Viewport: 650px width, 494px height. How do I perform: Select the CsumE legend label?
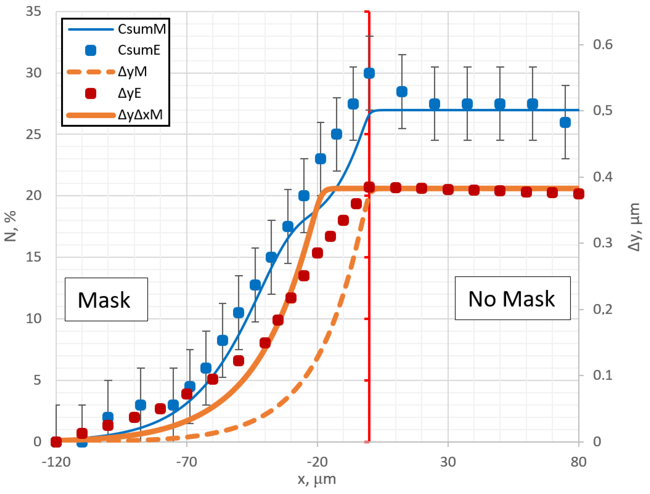tap(139, 50)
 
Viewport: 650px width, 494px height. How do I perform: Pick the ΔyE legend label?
tap(129, 93)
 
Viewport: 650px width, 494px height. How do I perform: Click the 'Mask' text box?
tap(106, 299)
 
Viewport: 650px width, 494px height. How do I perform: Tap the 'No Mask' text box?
tap(512, 298)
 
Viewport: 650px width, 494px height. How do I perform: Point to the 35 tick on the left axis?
tap(33, 12)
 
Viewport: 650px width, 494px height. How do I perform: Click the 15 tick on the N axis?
tap(33, 257)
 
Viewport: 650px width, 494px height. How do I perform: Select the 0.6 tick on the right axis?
tap(602, 45)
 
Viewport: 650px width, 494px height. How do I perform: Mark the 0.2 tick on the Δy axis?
tap(602, 309)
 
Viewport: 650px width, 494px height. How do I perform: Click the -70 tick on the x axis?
tap(187, 462)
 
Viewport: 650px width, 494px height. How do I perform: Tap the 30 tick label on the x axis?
tap(448, 462)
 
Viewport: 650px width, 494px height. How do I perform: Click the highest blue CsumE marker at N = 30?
tap(369, 73)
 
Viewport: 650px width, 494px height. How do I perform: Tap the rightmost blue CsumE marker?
tap(565, 122)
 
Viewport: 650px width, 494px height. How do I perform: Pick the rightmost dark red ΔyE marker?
tap(579, 194)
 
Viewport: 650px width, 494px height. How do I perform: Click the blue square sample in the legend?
tap(91, 50)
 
